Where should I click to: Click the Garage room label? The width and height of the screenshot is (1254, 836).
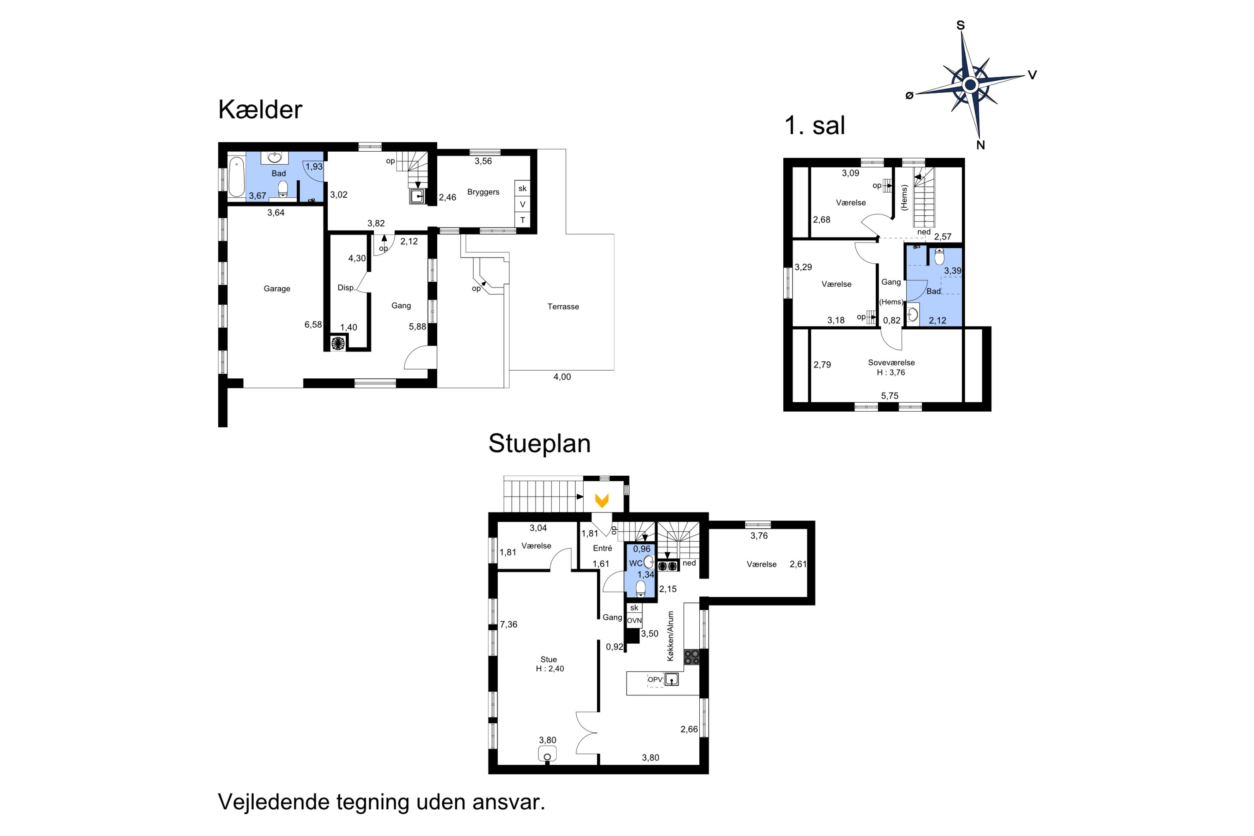(x=277, y=288)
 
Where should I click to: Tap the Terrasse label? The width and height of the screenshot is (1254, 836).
(x=563, y=306)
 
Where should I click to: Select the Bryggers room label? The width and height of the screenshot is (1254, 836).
(x=483, y=192)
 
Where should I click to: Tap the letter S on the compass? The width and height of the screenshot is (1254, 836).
(x=961, y=25)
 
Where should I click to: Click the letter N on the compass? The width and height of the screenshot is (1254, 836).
(x=981, y=145)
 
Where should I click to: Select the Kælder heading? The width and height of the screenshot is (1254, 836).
(x=260, y=110)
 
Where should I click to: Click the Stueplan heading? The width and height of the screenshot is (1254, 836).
(x=540, y=443)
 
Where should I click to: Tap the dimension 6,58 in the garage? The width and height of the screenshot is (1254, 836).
(x=313, y=325)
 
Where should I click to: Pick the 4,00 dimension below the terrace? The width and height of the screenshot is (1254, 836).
(x=562, y=377)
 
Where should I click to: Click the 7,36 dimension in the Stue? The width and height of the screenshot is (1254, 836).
(x=509, y=624)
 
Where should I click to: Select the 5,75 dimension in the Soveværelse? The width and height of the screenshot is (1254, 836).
(x=890, y=395)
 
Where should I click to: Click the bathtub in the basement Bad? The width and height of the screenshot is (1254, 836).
(x=236, y=176)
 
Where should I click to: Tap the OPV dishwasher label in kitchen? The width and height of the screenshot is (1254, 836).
(x=655, y=679)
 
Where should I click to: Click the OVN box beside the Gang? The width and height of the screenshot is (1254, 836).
(x=634, y=621)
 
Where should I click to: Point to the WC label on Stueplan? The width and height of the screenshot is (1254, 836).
(x=635, y=563)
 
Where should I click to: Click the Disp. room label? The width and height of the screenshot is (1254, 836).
(x=346, y=288)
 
